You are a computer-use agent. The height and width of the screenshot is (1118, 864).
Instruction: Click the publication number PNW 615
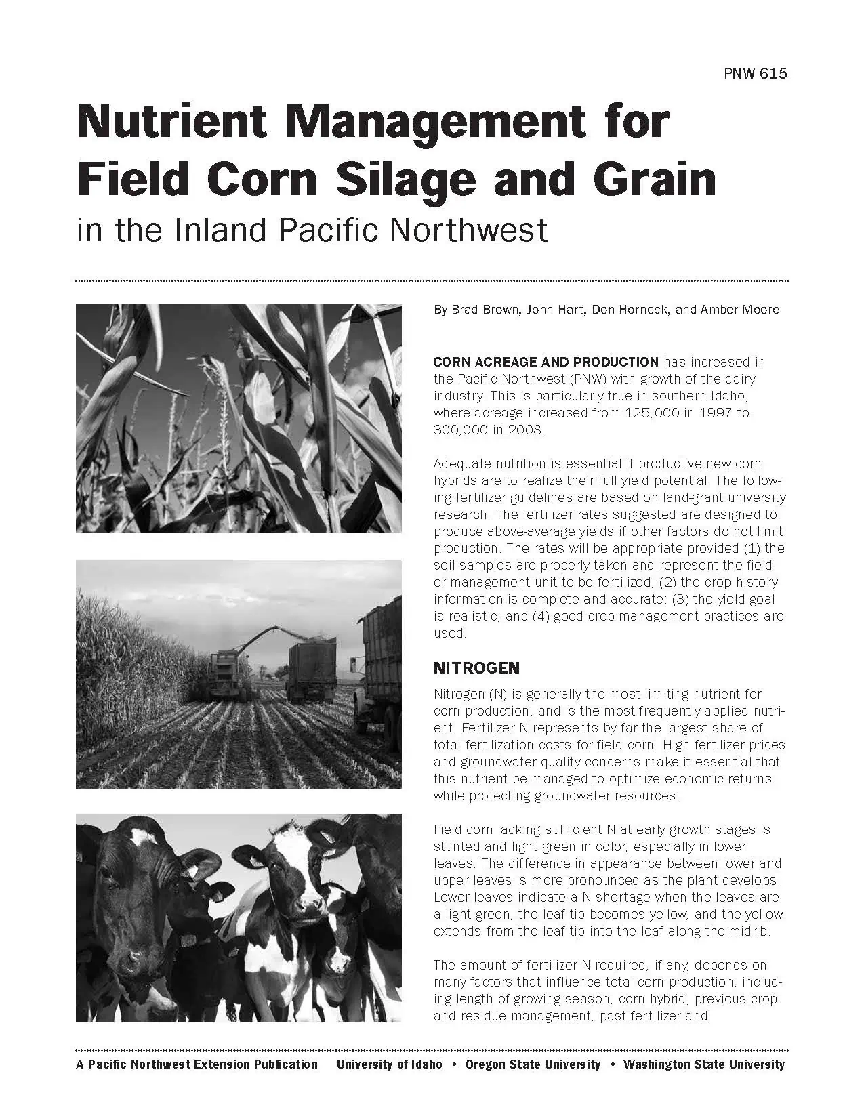point(756,74)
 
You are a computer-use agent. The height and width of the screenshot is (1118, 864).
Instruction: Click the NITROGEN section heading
point(476,668)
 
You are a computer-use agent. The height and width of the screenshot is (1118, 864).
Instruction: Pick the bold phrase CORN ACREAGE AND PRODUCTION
point(546,362)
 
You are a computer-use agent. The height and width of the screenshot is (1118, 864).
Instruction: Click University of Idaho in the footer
point(389,1064)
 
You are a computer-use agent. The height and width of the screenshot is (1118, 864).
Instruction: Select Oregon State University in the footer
point(533,1064)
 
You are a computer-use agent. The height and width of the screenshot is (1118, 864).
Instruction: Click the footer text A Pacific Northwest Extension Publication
point(197,1064)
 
